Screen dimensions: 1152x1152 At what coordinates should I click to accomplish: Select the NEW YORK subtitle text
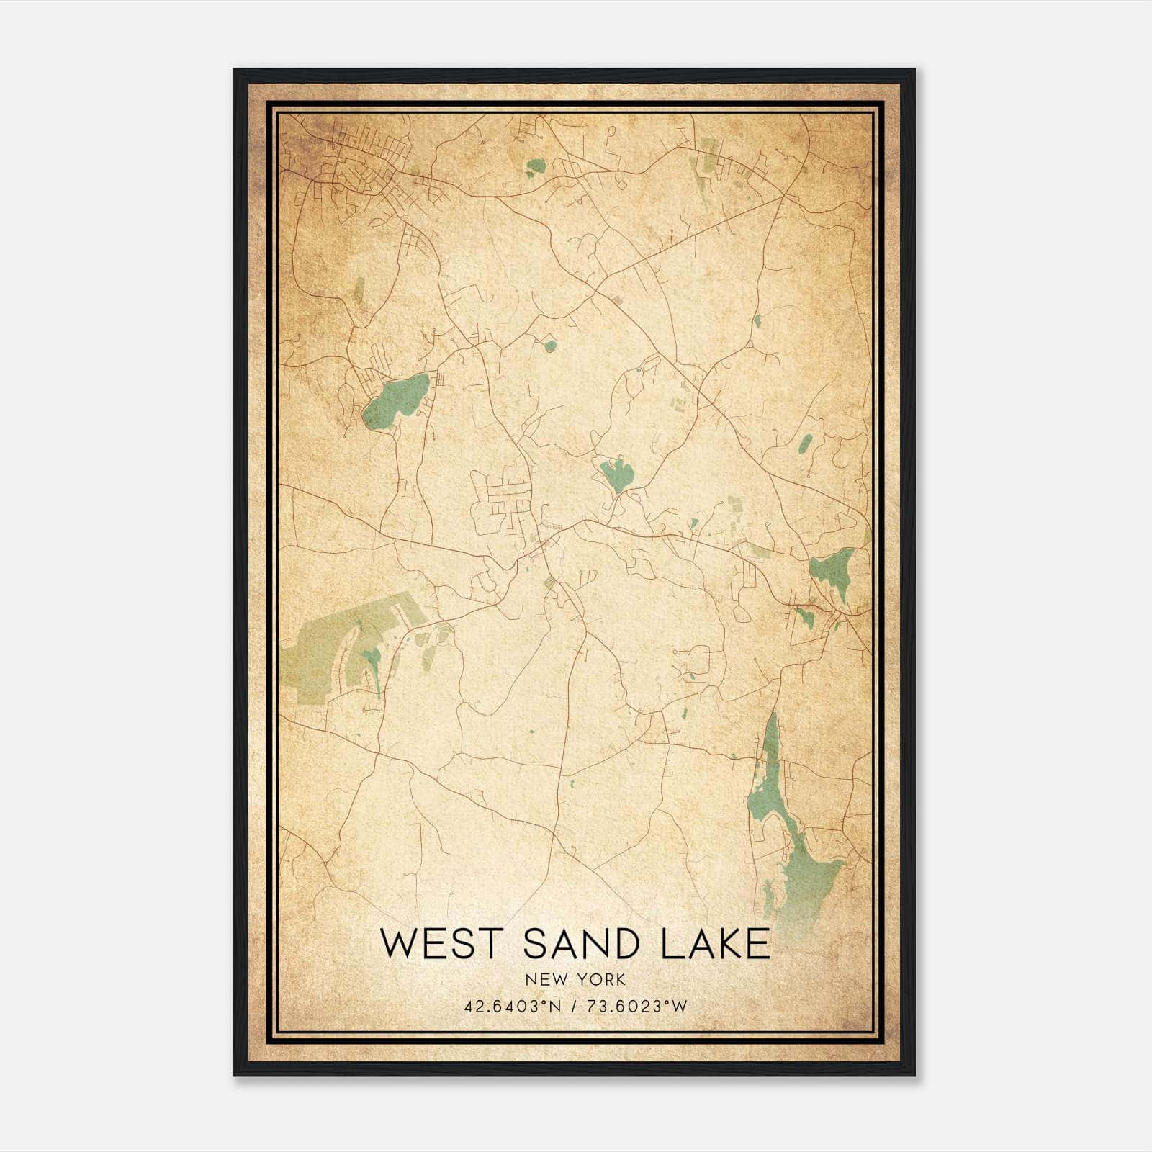[575, 979]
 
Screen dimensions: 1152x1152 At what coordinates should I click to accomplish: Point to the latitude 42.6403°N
[511, 1007]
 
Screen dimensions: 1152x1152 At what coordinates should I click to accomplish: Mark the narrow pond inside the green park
[374, 662]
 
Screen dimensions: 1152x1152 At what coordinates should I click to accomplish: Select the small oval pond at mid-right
[805, 444]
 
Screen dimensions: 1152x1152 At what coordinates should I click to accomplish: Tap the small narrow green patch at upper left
[359, 291]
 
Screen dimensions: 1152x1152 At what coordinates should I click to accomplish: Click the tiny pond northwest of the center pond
[550, 346]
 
